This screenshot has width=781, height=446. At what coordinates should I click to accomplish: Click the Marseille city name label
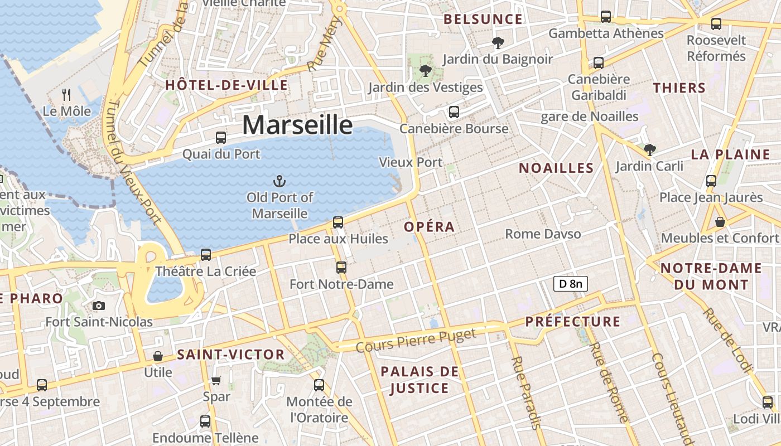click(297, 125)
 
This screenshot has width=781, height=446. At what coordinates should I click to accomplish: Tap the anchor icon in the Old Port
click(279, 181)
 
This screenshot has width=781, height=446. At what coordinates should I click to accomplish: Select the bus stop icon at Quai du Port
click(221, 137)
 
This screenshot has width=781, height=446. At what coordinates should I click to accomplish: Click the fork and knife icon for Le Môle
click(66, 95)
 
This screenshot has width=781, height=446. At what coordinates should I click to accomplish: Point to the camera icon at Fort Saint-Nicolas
click(99, 306)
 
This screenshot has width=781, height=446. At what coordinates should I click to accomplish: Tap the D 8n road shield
click(570, 284)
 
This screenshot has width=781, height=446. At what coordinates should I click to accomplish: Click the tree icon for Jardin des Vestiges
click(426, 71)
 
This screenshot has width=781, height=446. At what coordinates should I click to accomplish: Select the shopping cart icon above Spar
click(216, 380)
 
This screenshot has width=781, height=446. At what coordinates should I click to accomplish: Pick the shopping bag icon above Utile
click(158, 356)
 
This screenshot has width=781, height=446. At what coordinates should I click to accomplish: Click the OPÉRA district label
click(429, 227)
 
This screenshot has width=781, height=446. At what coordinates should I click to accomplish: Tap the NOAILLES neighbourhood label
click(556, 168)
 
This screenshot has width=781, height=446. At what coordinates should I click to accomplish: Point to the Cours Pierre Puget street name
click(416, 340)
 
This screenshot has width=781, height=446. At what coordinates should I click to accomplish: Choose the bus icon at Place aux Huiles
click(338, 222)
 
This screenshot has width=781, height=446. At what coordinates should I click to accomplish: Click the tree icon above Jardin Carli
click(649, 149)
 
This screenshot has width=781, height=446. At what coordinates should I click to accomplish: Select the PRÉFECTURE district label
click(572, 322)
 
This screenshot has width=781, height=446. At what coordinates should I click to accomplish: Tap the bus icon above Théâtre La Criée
click(206, 255)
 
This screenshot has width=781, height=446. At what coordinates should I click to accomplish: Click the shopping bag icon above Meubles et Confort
click(720, 222)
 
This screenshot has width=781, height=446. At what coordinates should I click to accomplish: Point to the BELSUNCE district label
click(483, 20)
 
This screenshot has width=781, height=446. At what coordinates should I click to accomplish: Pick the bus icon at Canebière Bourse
click(454, 112)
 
